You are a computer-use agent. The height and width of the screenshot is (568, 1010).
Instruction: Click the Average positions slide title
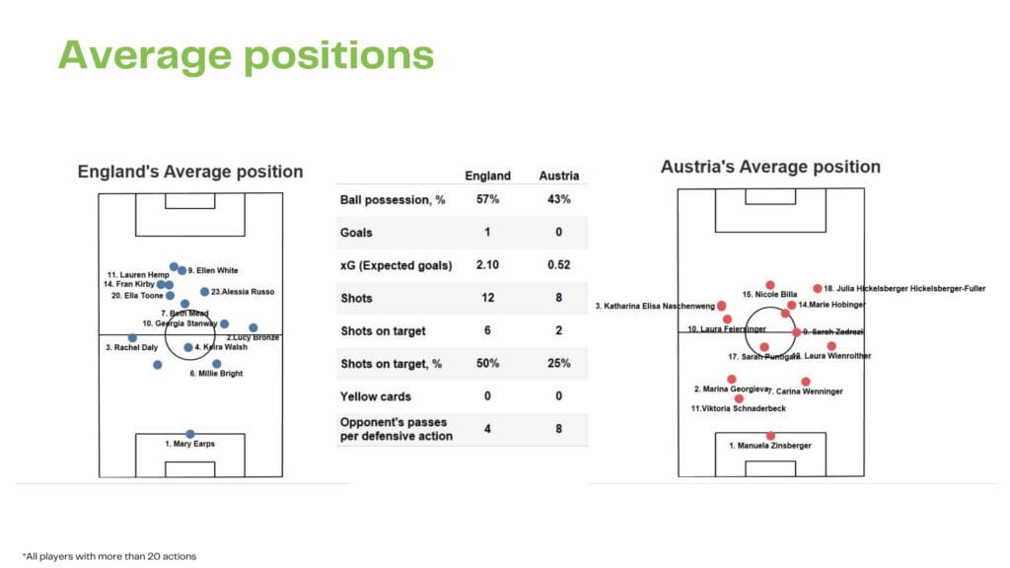[246, 55]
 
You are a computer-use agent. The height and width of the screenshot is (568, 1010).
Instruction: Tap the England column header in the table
[487, 176]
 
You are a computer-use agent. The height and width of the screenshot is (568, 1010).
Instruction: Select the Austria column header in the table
[558, 176]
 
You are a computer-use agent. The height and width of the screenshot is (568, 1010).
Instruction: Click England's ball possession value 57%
[487, 200]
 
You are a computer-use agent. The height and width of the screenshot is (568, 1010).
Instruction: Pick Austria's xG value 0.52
[558, 265]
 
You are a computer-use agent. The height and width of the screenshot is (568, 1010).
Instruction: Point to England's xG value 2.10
[487, 265]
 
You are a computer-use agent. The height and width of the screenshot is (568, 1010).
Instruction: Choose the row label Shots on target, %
[391, 363]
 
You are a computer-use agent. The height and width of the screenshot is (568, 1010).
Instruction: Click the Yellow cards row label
[375, 395]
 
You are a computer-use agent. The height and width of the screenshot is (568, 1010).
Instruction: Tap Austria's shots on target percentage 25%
[558, 363]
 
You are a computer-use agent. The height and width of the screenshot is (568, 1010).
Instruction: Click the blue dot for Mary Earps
[190, 434]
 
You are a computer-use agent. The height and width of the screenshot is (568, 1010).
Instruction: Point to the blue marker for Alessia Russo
[204, 292]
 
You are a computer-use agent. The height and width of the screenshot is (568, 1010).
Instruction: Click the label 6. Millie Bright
[216, 374]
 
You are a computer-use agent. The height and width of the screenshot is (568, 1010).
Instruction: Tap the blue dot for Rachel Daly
[132, 338]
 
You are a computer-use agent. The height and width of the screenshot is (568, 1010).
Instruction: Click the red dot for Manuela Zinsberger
[770, 436]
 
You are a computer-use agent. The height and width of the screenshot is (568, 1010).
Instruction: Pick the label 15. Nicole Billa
[769, 294]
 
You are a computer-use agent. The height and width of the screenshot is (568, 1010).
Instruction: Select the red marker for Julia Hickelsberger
[817, 289]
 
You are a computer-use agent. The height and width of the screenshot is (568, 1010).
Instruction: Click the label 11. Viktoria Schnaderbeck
[739, 408]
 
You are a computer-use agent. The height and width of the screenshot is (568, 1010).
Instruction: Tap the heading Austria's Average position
[770, 167]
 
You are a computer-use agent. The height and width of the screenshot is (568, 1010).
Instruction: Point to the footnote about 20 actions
[109, 556]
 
